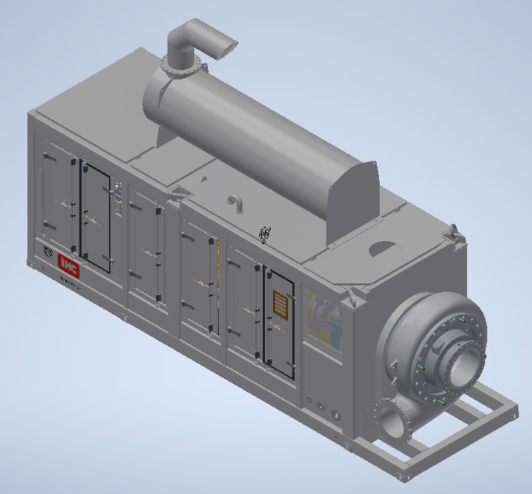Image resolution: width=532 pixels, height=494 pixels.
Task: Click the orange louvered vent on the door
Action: click(279, 305)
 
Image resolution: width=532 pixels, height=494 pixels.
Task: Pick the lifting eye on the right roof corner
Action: click(455, 233)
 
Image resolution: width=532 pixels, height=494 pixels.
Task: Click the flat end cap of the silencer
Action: click(352, 199)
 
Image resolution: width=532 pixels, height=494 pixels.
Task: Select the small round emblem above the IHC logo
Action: click(48, 253)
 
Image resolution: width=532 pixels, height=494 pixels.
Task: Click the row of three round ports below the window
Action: click(323, 407)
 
